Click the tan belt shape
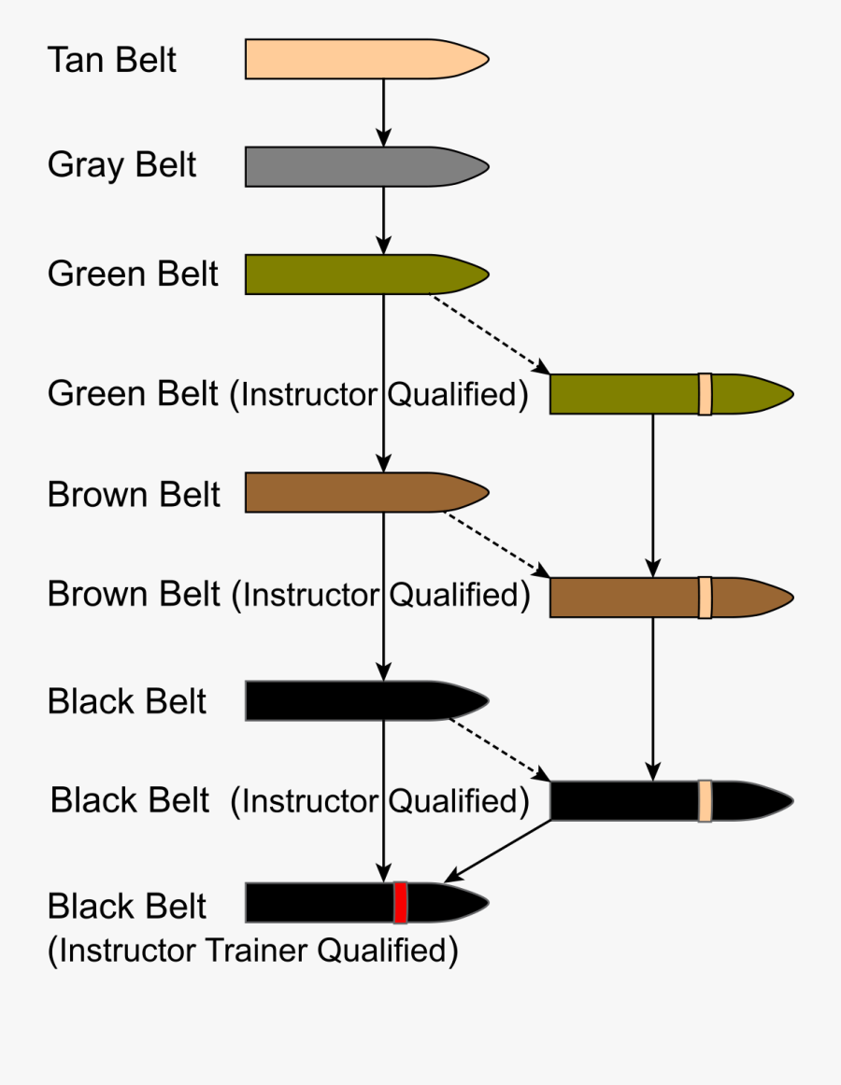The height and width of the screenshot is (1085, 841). (355, 59)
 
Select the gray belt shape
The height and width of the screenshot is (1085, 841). (355, 166)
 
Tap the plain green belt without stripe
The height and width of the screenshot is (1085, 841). (355, 275)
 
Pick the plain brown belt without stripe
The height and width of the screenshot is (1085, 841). (355, 492)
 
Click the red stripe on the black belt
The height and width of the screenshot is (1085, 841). (400, 902)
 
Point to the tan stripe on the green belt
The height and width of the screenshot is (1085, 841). (705, 393)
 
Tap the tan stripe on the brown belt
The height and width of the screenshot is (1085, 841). (705, 598)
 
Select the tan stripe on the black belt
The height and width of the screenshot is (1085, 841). (705, 801)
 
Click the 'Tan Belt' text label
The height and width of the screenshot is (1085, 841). (112, 60)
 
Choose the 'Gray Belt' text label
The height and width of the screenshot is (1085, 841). (121, 166)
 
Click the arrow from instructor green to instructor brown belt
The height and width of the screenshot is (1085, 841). (653, 495)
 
